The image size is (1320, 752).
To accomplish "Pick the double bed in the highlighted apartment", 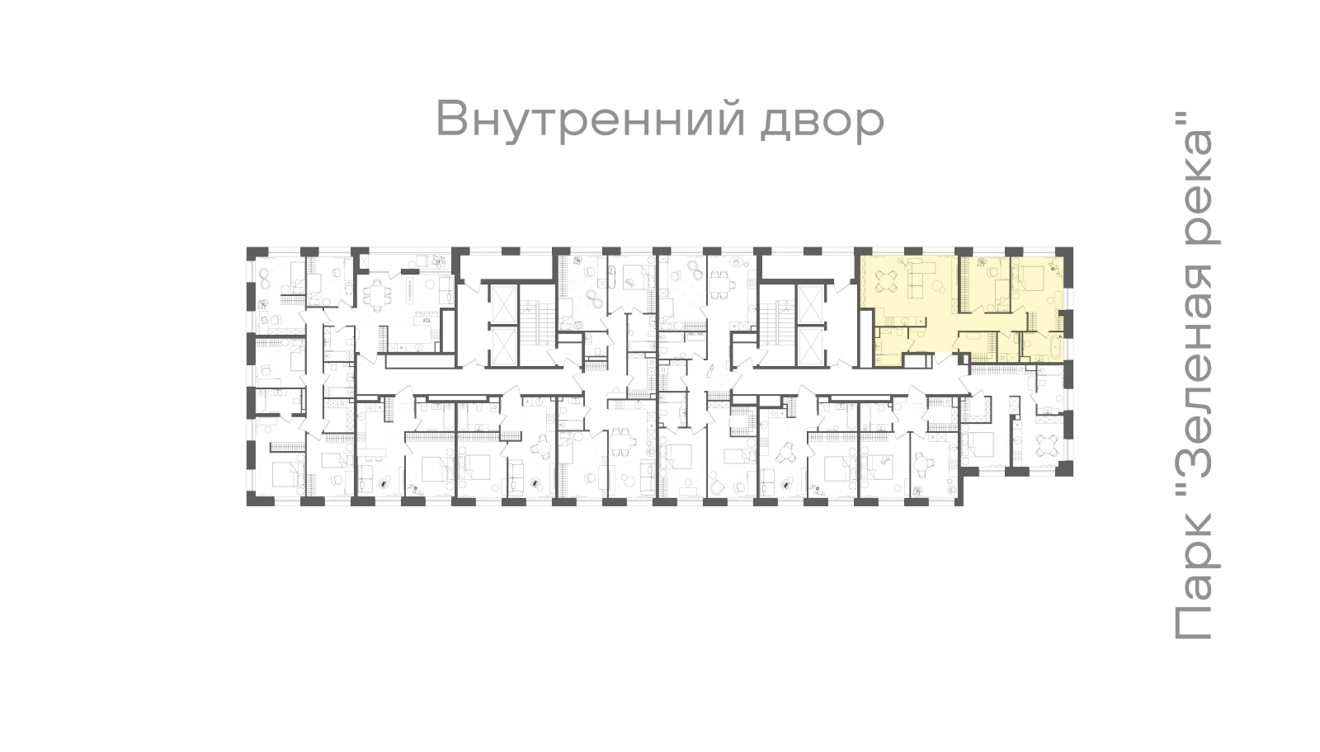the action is click(1031, 279).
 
